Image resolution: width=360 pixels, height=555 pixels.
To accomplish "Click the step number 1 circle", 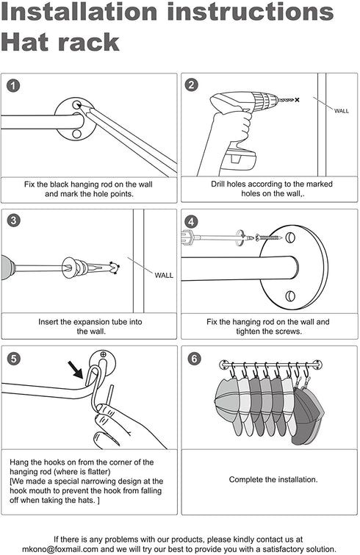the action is pyautogui.click(x=13, y=86).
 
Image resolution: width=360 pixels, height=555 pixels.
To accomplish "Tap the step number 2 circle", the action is pyautogui.click(x=191, y=85).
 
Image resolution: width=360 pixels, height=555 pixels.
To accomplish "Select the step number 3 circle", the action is pyautogui.click(x=13, y=221).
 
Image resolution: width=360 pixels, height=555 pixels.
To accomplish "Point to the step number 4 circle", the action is pyautogui.click(x=191, y=222).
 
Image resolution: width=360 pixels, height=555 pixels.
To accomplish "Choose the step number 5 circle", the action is pyautogui.click(x=13, y=359).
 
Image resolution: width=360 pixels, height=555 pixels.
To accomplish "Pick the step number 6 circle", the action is pyautogui.click(x=194, y=359).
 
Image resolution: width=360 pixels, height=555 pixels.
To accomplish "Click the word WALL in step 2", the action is pyautogui.click(x=341, y=111).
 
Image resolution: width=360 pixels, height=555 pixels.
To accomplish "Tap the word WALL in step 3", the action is pyautogui.click(x=164, y=276).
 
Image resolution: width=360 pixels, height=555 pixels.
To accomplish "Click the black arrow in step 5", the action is pyautogui.click(x=76, y=370).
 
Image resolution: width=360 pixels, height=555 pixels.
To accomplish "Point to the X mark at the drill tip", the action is pyautogui.click(x=297, y=100).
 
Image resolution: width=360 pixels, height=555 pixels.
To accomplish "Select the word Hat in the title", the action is pyautogui.click(x=25, y=42).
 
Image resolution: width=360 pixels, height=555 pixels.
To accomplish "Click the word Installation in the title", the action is pyautogui.click(x=79, y=11).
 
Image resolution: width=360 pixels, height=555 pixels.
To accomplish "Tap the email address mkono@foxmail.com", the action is pyautogui.click(x=60, y=549).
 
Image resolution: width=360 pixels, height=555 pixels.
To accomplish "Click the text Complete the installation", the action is pyautogui.click(x=273, y=479).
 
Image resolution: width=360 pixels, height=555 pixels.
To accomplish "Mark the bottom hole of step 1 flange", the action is pyautogui.click(x=76, y=134).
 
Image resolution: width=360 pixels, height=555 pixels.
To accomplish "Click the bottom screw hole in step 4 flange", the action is pyautogui.click(x=290, y=296).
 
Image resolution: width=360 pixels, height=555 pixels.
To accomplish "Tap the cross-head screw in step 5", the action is pyautogui.click(x=103, y=354).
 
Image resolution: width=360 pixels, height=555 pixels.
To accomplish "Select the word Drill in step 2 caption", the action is pyautogui.click(x=217, y=184).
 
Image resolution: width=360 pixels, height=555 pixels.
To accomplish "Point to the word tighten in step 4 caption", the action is pyautogui.click(x=249, y=332).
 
